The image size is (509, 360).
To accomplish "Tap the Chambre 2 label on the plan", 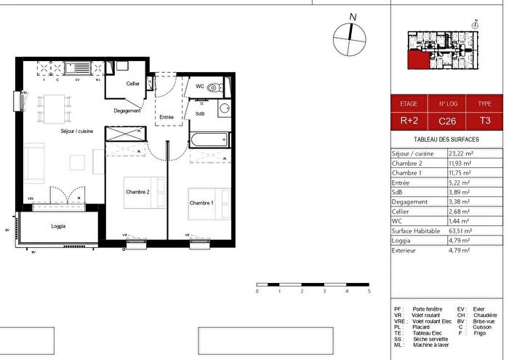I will coord(137,192).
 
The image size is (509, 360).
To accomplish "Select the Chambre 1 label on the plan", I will coord(201,202).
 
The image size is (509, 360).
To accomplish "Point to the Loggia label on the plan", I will coord(59,226).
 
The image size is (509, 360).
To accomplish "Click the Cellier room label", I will coord(132,84).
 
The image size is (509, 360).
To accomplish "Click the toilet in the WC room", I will coord(212,87).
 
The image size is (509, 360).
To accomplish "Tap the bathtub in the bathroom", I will coord(209,140).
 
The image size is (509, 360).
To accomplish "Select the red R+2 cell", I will coord(409,121).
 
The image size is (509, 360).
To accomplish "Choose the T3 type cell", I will coord(484,121).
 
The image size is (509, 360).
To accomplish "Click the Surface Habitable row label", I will coord(414,231).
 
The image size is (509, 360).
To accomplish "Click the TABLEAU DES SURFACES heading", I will coord(446,139).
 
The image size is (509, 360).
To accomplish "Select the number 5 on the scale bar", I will coord(369,291).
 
